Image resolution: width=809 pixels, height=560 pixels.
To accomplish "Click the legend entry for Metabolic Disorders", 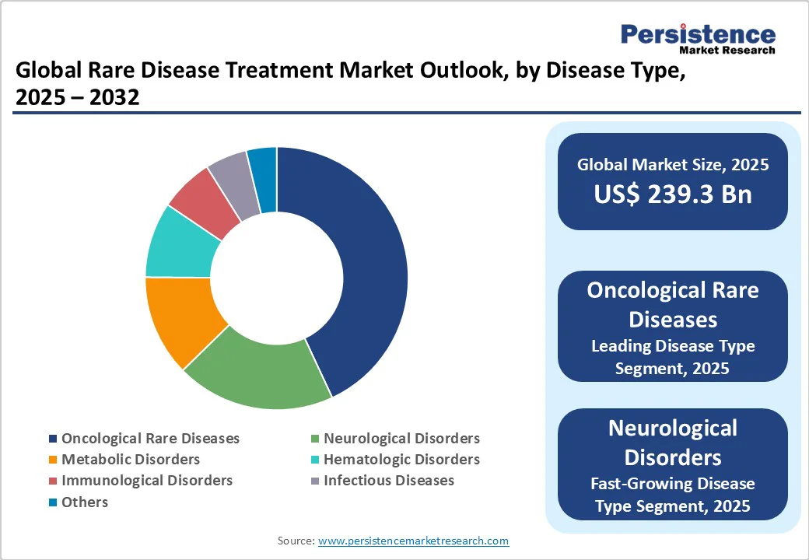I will point(131,459).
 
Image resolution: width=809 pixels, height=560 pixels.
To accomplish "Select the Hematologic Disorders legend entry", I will point(401,459).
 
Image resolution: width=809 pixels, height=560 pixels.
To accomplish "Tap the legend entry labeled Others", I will point(85,502).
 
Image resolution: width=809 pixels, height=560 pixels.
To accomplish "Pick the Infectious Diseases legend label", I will point(389,480).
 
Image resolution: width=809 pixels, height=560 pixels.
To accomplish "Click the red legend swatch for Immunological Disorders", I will point(53,481).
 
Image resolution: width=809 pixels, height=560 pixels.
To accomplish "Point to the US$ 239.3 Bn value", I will point(673,194).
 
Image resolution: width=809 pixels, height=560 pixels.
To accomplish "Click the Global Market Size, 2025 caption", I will point(673,164).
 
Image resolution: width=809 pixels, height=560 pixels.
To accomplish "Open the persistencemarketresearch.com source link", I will point(413,541).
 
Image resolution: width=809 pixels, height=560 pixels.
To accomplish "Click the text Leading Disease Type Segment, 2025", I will point(673,357).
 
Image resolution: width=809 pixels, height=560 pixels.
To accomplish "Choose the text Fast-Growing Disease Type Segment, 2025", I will point(673,495).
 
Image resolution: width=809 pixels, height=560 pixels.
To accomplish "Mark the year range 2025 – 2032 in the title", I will point(78,98).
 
